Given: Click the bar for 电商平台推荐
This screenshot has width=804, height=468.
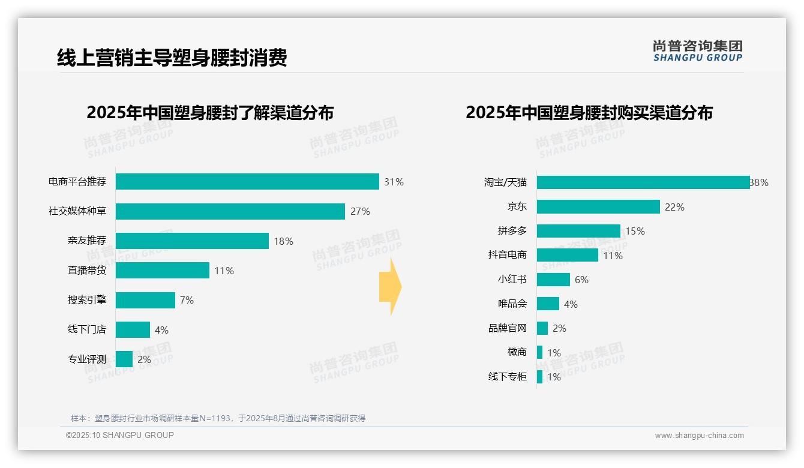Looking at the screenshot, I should (x=247, y=182).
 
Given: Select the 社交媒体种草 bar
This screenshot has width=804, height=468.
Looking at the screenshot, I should (x=230, y=211).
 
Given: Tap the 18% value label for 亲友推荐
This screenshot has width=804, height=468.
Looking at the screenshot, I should (x=283, y=241).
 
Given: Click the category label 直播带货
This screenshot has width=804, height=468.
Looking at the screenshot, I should (x=87, y=271).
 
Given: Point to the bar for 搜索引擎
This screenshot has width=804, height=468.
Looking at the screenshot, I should (x=145, y=300).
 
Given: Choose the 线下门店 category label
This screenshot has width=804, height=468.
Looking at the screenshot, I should (x=87, y=329).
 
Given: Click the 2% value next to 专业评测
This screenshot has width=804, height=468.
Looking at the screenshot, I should (x=144, y=359).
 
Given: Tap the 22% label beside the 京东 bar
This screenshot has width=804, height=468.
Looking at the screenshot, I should (x=674, y=207).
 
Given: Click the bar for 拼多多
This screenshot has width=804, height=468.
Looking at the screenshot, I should (x=578, y=231).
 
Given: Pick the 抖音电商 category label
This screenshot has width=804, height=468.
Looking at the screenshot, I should (x=508, y=255).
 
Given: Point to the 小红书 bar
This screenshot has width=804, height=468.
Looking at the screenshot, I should (x=553, y=280).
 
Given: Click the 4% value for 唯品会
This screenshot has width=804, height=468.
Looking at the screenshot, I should (x=571, y=304).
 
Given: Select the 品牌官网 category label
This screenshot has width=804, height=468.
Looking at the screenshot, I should (x=508, y=328).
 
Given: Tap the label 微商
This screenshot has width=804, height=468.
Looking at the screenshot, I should (x=517, y=352).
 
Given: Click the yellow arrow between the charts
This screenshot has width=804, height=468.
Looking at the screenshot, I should (x=391, y=287).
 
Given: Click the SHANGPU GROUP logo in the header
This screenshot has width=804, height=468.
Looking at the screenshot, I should (x=697, y=51).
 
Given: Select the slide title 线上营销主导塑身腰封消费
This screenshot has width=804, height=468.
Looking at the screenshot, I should (x=172, y=58).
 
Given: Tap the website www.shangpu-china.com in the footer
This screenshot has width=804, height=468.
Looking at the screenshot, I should (x=699, y=436).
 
